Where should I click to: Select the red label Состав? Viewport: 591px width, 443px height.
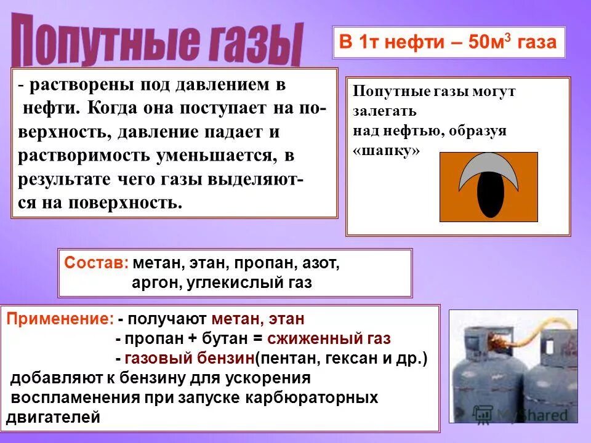pyautogui.click(x=96, y=263)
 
